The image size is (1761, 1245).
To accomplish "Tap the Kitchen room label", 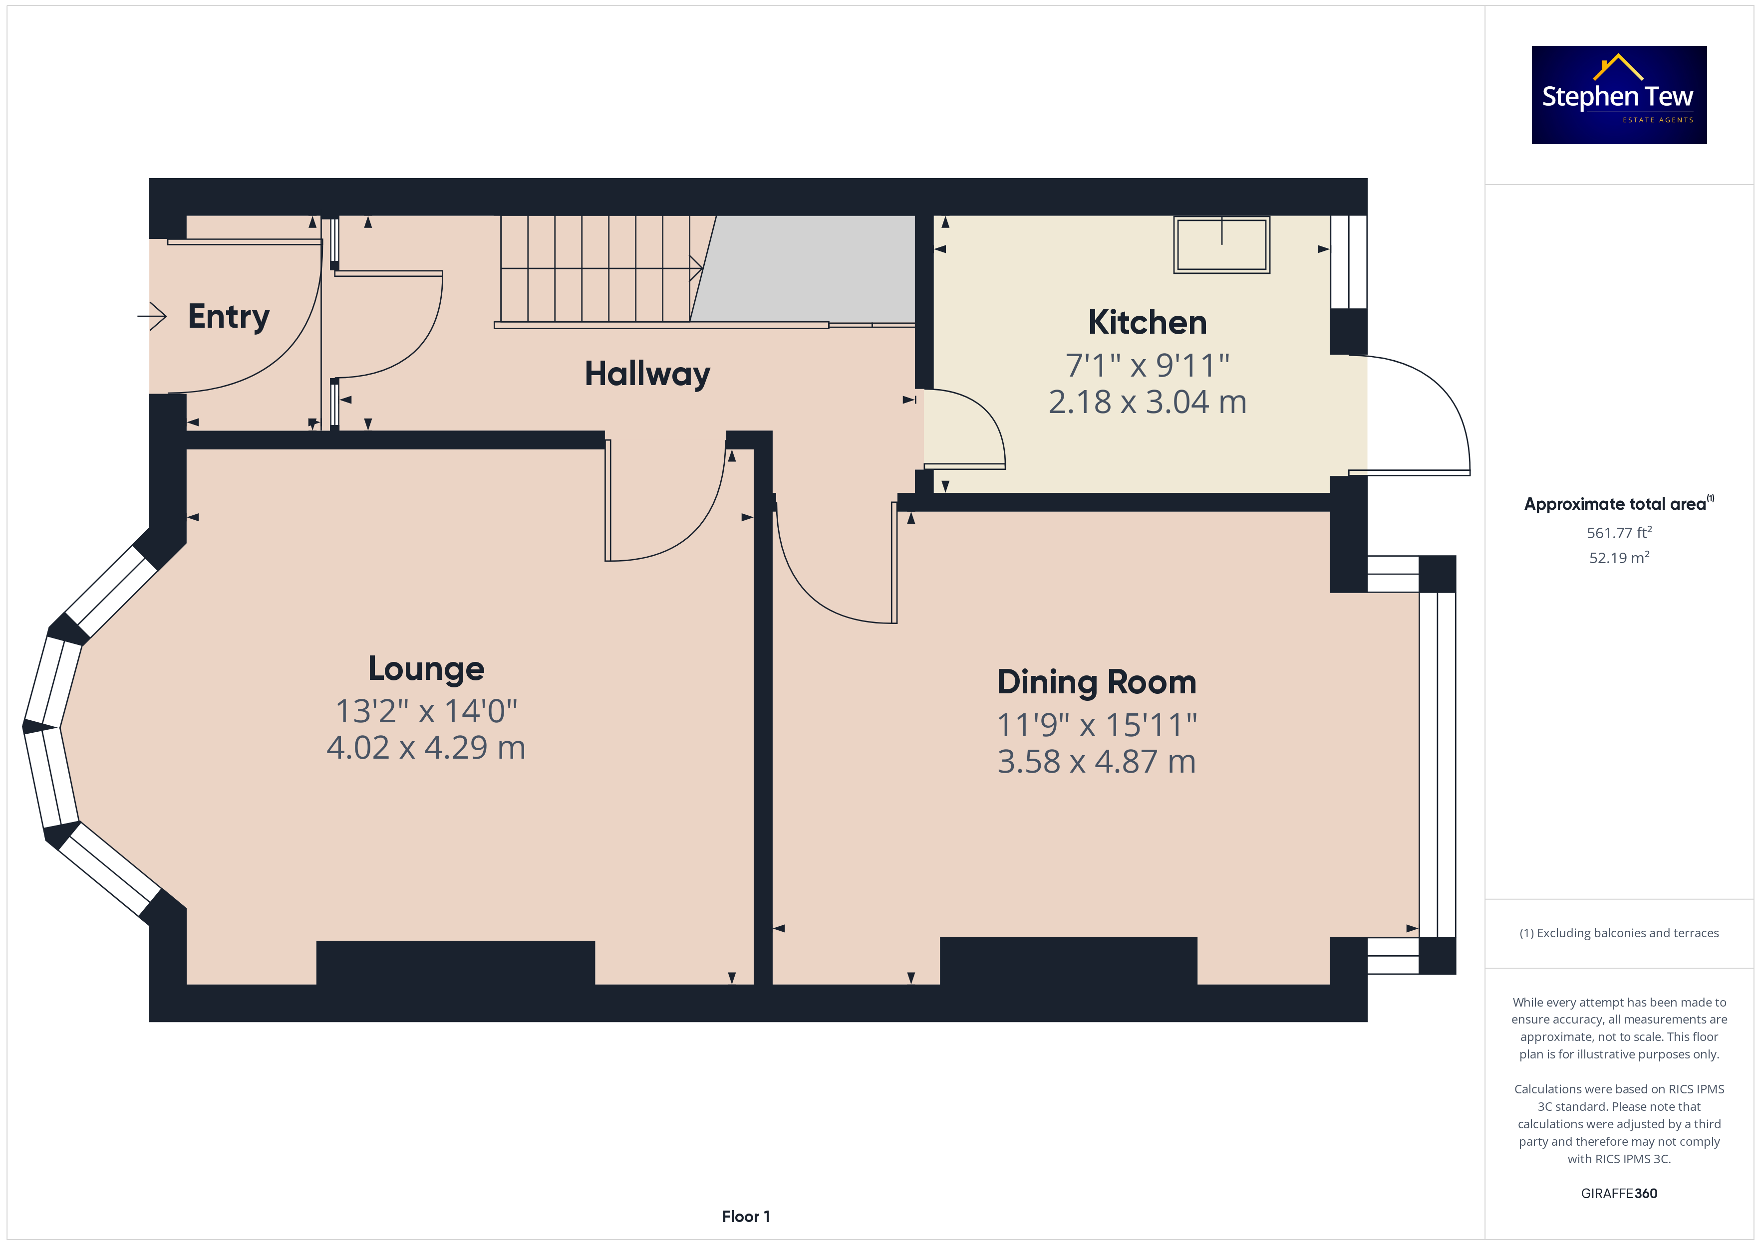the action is [1148, 322].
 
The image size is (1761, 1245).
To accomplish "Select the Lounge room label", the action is [426, 668].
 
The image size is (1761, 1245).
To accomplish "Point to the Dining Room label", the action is [1097, 682].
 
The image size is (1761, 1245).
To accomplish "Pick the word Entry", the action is [229, 317].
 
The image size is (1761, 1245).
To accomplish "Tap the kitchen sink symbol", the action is [1222, 244].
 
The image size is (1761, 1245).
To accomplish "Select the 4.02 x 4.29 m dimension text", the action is [426, 748].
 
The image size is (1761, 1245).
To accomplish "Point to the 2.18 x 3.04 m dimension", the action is [1148, 402].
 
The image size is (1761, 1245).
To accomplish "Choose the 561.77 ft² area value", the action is [1619, 532].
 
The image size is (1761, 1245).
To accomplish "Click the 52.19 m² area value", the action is [1619, 557].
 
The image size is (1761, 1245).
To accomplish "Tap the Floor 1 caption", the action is [746, 1217].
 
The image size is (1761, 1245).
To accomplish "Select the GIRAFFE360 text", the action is [1619, 1194].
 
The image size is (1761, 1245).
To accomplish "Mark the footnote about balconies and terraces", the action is [1619, 933].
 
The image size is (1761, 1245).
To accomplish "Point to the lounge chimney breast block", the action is [456, 962].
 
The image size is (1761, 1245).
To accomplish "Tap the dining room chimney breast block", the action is [1068, 961].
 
